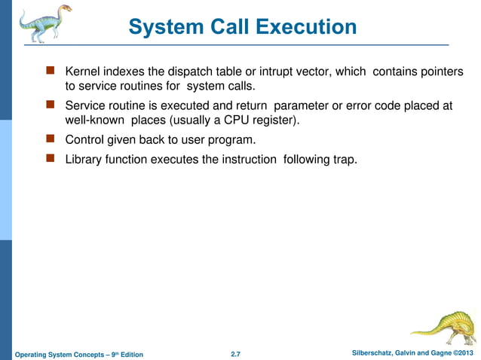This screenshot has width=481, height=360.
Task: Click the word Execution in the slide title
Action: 306,27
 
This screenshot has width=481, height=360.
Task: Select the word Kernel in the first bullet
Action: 84,72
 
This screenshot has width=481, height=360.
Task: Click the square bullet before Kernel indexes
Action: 51,72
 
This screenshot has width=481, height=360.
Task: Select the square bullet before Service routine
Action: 51,105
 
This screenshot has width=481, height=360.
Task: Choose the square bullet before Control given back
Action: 51,139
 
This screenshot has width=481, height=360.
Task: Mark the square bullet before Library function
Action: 51,159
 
